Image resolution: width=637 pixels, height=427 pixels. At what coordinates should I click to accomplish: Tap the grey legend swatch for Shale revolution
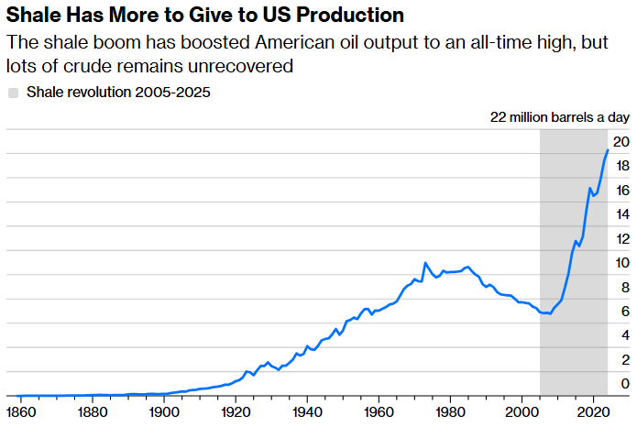pos(13,93)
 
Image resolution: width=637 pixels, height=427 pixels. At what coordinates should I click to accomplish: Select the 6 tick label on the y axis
pos(624,312)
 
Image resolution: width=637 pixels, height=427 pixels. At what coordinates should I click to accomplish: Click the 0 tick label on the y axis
pos(624,384)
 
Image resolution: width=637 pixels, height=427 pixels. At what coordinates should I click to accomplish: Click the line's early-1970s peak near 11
pos(424,263)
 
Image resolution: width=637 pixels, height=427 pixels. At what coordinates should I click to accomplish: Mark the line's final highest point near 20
pos(607,150)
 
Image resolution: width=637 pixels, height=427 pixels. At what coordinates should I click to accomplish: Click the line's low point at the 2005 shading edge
pos(543,313)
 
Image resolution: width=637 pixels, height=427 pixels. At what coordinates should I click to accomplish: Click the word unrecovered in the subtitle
pos(246,66)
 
